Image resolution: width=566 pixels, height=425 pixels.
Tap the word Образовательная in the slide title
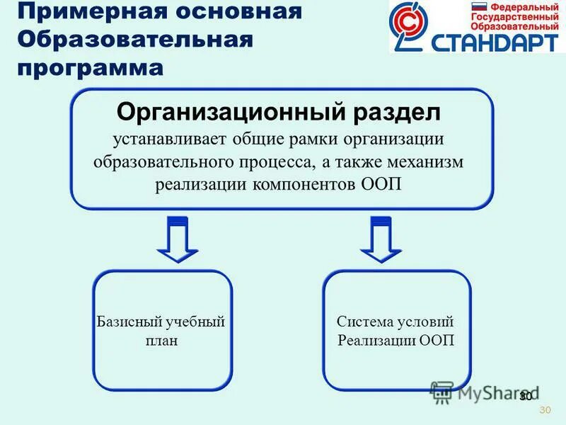(134, 40)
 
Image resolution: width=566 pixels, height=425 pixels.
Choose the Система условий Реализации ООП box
(396, 331)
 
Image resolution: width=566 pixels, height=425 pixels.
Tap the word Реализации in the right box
(376, 340)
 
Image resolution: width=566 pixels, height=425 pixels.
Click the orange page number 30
(544, 410)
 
